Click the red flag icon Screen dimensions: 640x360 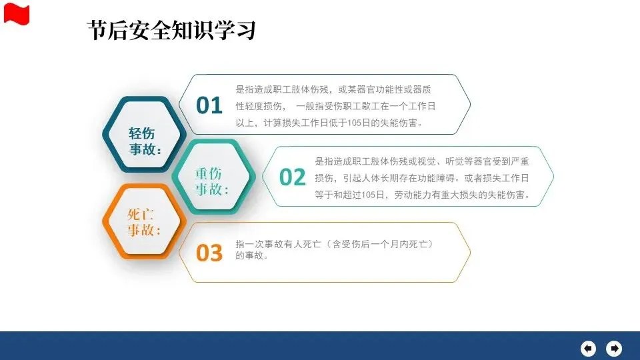[16, 14]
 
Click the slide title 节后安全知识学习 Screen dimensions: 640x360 [171, 30]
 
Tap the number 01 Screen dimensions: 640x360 [209, 105]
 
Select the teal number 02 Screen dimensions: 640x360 [292, 177]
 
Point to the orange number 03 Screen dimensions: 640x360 [209, 253]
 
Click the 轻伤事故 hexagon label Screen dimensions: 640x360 [145, 141]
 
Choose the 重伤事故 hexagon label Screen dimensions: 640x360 [211, 181]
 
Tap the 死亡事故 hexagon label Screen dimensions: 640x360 [144, 222]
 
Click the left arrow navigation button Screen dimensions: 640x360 [588, 348]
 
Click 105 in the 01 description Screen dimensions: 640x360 [354, 123]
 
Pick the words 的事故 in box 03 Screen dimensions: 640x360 [249, 255]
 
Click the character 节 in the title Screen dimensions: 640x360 [97, 30]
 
